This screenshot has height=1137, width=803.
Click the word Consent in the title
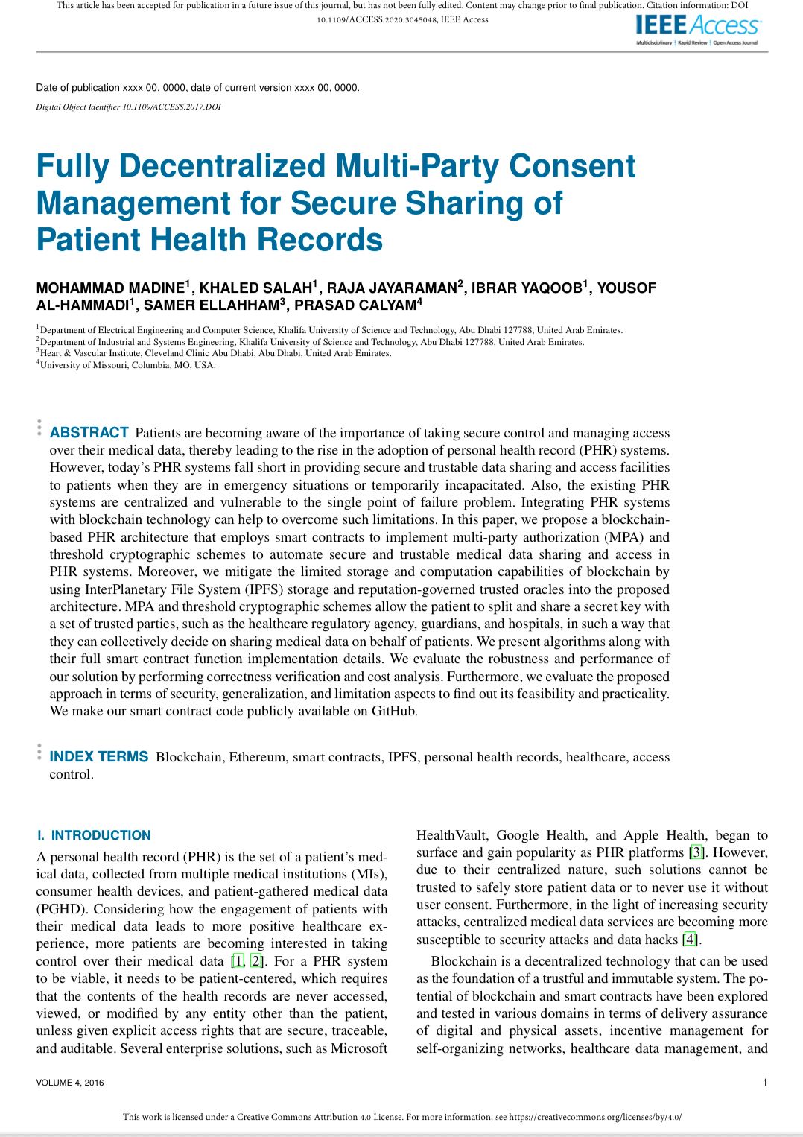(x=572, y=166)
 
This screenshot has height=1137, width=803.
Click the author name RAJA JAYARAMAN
(x=392, y=288)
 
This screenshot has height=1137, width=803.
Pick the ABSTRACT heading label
(x=89, y=433)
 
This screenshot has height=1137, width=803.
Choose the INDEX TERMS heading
(x=99, y=757)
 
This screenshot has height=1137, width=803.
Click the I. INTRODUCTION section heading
(x=94, y=835)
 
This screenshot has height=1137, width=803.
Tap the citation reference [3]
(x=696, y=852)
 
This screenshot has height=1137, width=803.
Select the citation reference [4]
(x=690, y=940)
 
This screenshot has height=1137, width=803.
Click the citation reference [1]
(x=237, y=961)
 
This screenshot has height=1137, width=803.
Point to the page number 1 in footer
(x=764, y=1083)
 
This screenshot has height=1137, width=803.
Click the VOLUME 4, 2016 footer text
(x=70, y=1083)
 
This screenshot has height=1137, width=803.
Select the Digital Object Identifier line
(x=128, y=107)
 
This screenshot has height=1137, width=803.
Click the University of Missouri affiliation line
(x=127, y=365)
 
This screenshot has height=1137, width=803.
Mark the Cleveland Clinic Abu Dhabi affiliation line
(x=216, y=353)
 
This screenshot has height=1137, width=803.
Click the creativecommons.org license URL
(x=595, y=1117)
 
